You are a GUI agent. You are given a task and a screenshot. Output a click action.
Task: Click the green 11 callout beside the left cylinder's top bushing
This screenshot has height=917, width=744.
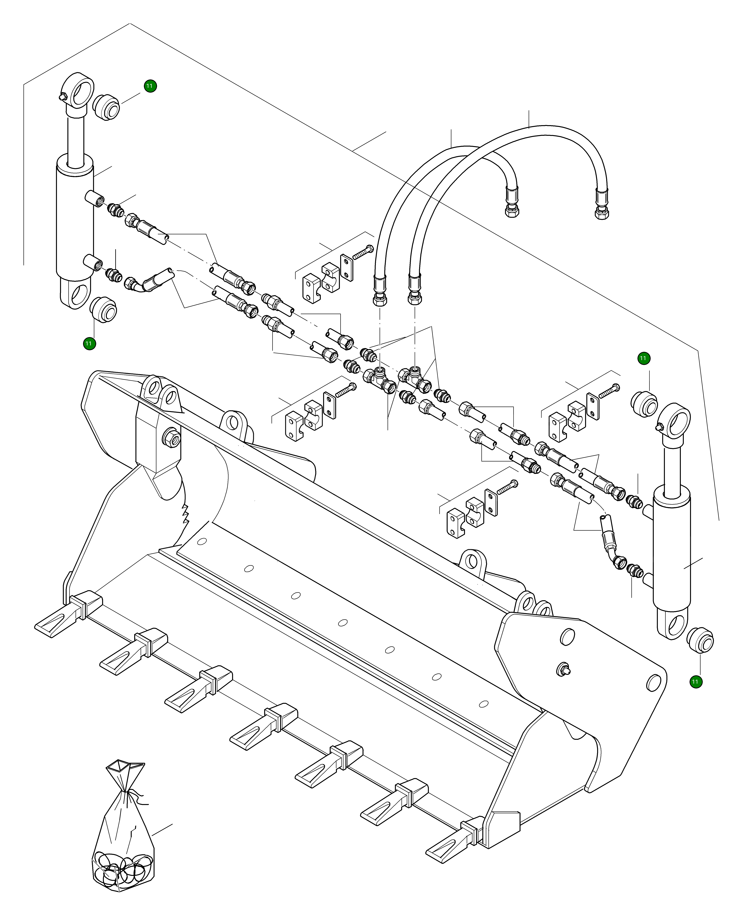tap(150, 86)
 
